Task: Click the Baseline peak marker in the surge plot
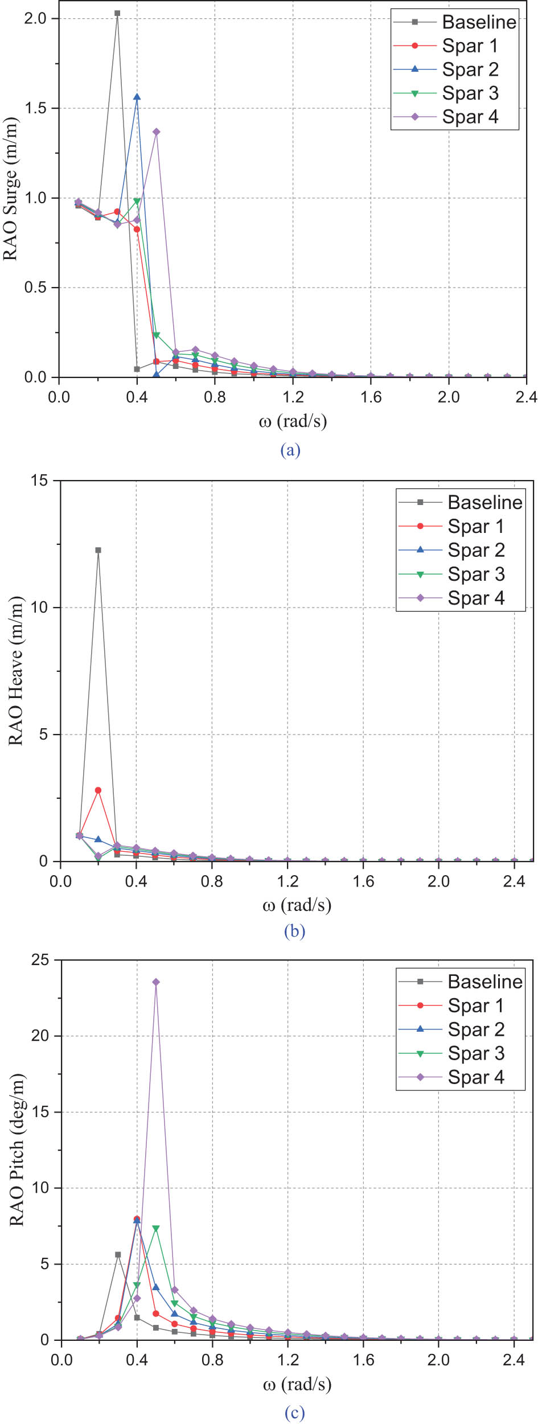(117, 13)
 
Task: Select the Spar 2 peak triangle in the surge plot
(137, 97)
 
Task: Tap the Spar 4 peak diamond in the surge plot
(156, 132)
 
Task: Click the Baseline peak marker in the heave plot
(98, 550)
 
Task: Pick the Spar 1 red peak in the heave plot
(98, 790)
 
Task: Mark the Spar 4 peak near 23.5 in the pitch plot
(156, 982)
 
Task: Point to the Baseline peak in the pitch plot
(118, 1255)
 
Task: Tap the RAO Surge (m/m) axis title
(11, 189)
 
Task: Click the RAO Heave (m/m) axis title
(16, 671)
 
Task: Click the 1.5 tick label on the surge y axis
(35, 108)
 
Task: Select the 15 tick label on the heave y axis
(40, 481)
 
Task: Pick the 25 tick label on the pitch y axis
(40, 960)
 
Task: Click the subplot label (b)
(294, 931)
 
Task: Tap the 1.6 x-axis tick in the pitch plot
(363, 1360)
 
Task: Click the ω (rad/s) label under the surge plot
(293, 422)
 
